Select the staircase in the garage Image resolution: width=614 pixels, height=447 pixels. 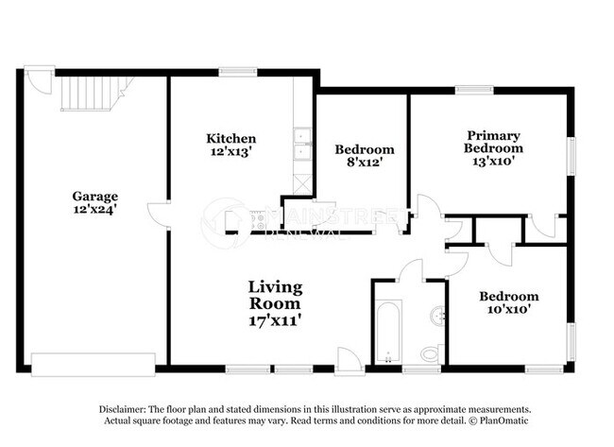pos(89,95)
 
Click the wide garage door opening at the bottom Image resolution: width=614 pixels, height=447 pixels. pos(93,364)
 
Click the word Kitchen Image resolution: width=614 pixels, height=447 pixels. pos(231,138)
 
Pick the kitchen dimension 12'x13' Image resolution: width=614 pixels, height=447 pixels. pos(230,151)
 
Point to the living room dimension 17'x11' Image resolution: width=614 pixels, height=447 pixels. pos(275,320)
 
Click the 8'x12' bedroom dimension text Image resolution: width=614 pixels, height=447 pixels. pos(365,163)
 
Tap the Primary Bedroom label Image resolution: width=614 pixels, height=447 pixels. pos(493,142)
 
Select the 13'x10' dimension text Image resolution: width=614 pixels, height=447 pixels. pos(493,162)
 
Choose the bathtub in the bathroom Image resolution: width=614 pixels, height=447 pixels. pos(387,332)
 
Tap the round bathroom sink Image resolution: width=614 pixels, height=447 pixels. pos(436,315)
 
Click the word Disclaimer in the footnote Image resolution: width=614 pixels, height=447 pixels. pos(126,407)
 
